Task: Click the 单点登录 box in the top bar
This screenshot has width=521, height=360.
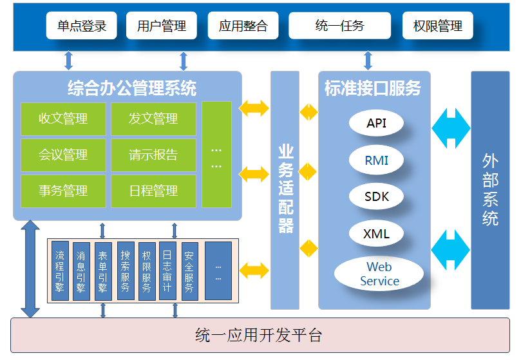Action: click(x=82, y=26)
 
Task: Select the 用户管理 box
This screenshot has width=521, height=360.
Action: click(x=162, y=26)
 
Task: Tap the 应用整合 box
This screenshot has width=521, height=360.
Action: click(x=243, y=26)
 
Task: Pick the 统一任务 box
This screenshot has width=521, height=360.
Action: click(x=339, y=26)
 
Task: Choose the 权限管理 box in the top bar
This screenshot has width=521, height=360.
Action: click(x=437, y=26)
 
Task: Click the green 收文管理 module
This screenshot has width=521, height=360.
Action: click(x=63, y=119)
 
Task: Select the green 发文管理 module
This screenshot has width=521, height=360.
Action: click(x=153, y=119)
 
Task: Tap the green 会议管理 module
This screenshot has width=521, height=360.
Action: click(x=63, y=155)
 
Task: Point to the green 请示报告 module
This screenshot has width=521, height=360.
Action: click(x=153, y=155)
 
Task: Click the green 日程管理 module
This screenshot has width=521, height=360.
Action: click(x=153, y=191)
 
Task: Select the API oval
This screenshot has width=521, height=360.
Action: click(x=377, y=123)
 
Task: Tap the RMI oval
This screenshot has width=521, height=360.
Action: click(x=377, y=160)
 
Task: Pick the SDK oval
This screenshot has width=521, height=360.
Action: click(x=377, y=196)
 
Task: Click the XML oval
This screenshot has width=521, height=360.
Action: click(x=377, y=233)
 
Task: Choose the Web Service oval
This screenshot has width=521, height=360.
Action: click(x=379, y=274)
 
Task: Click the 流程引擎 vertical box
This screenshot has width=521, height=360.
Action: click(x=60, y=270)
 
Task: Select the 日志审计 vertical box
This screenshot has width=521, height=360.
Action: click(x=167, y=270)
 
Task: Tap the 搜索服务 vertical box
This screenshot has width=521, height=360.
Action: click(x=126, y=270)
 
